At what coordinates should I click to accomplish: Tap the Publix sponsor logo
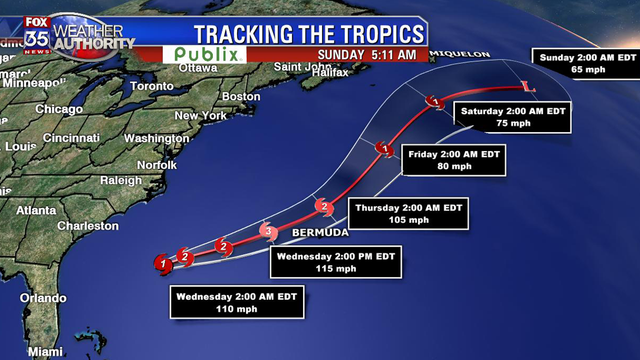click(x=209, y=54)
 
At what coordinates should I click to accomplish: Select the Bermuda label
click(x=320, y=233)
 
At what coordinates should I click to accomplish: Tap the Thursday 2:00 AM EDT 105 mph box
click(x=411, y=214)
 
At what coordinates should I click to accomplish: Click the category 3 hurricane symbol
click(x=267, y=231)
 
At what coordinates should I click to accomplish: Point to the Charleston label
click(x=88, y=226)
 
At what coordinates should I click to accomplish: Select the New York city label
click(x=194, y=115)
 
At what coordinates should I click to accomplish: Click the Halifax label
click(x=325, y=73)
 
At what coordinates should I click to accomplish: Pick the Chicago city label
click(x=58, y=109)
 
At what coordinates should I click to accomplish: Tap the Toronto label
click(x=151, y=87)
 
